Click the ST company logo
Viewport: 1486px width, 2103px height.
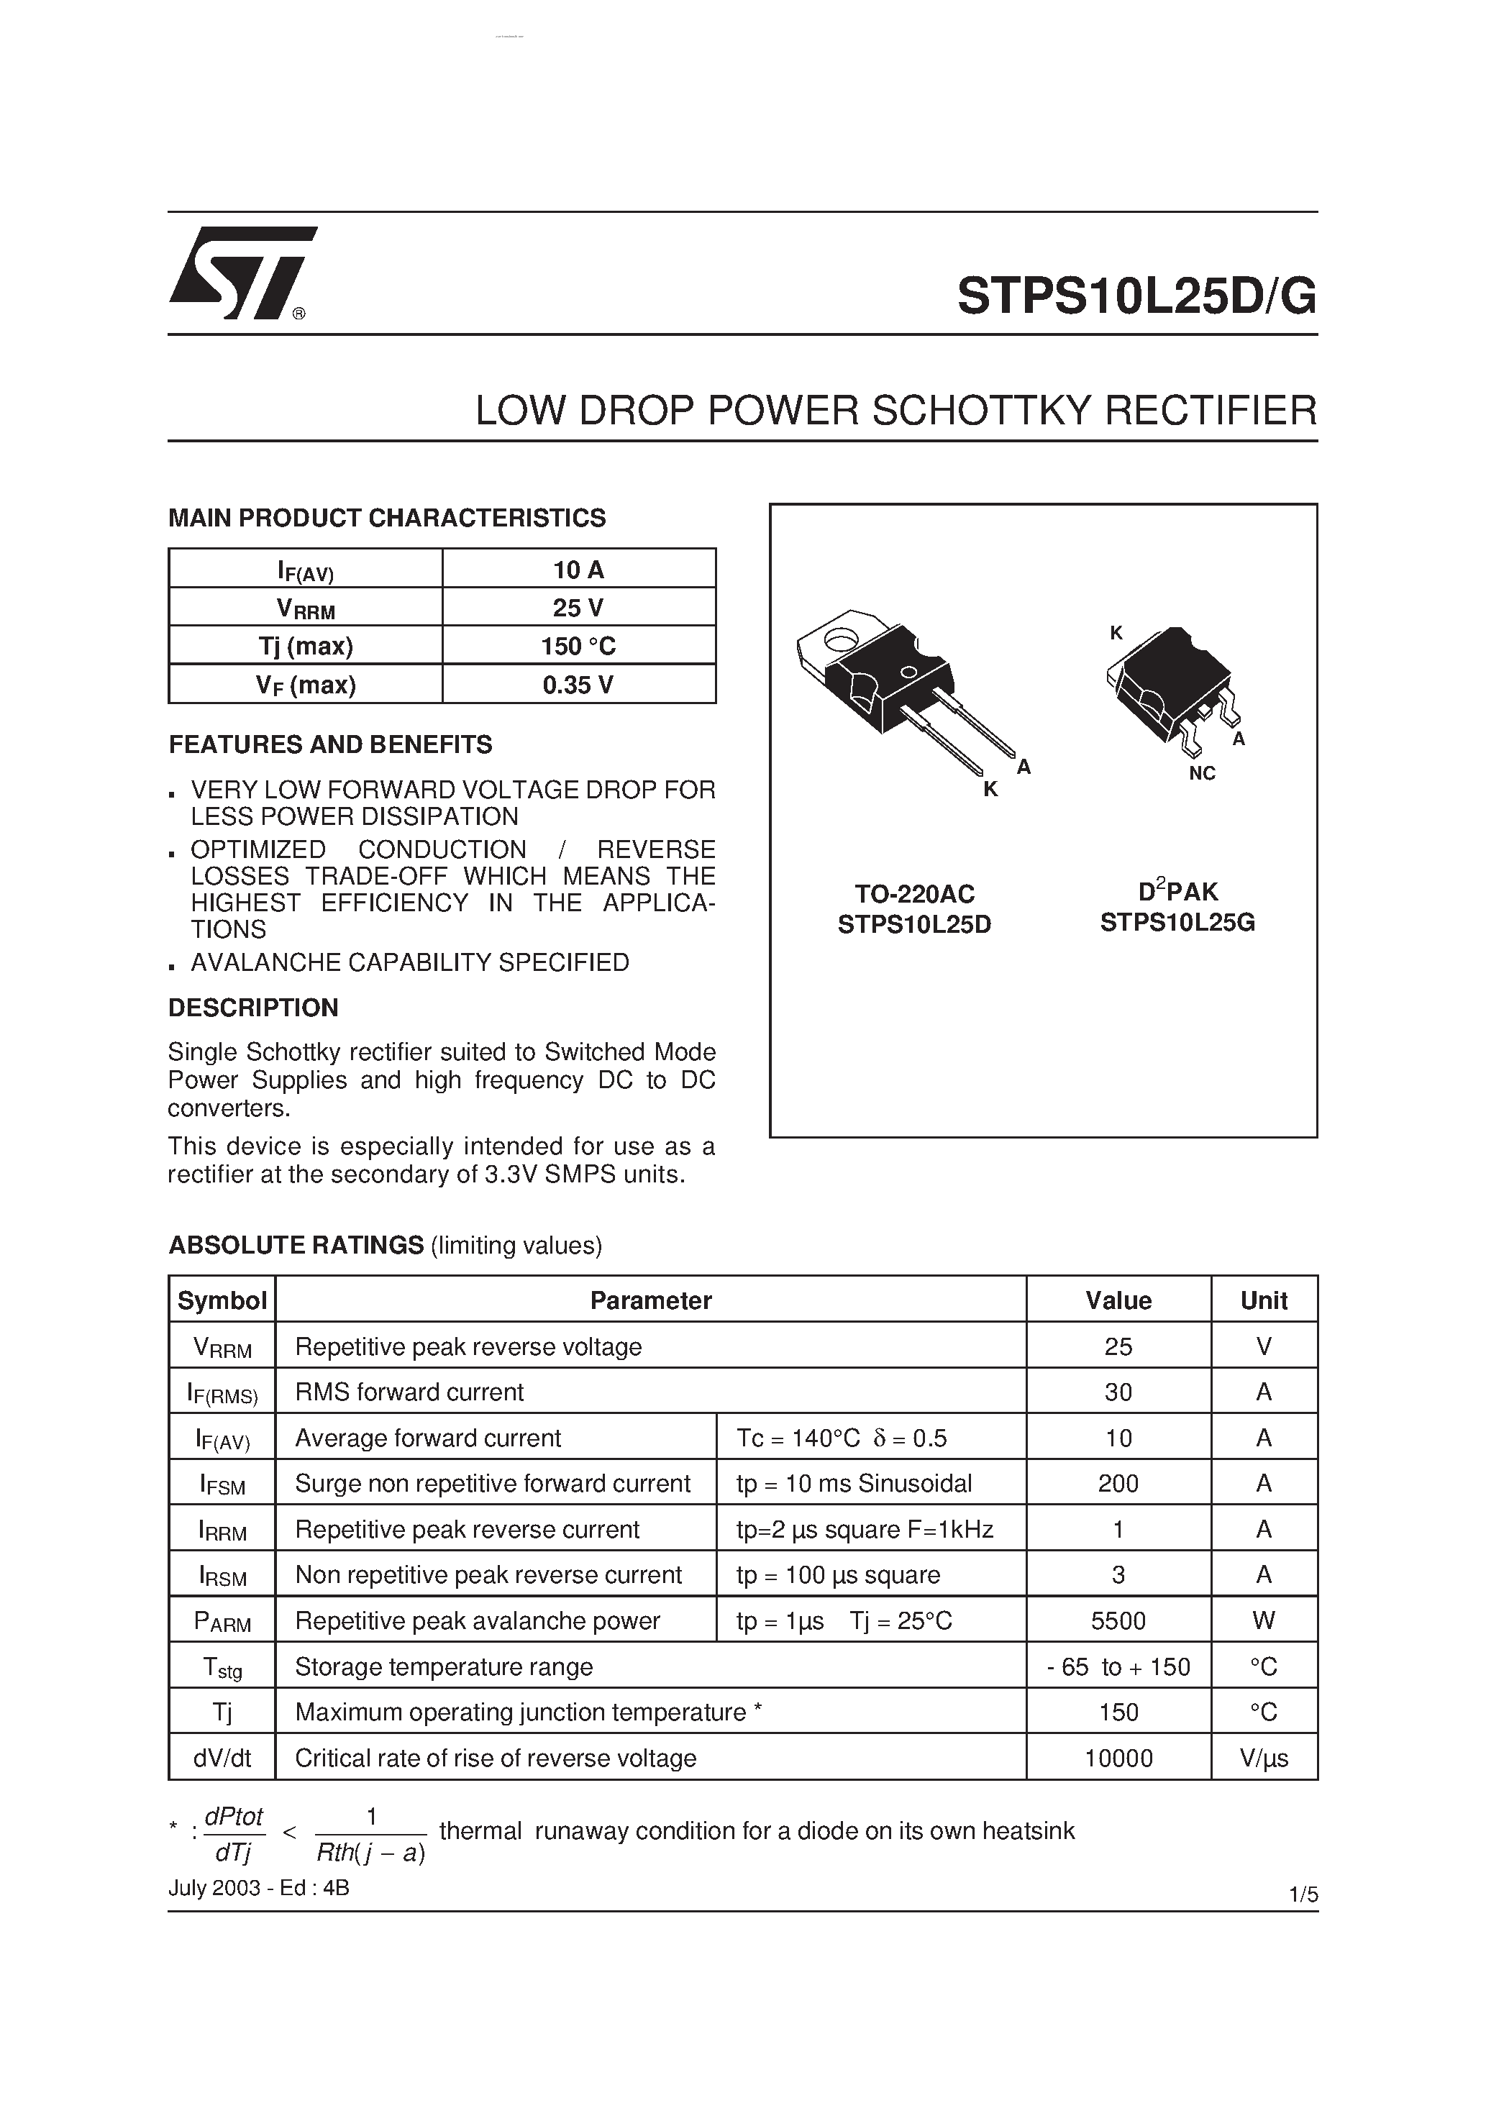pos(241,273)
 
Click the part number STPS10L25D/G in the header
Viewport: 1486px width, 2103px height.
pos(1136,296)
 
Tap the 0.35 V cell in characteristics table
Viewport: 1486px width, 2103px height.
pos(578,684)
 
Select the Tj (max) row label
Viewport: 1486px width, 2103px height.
pos(305,646)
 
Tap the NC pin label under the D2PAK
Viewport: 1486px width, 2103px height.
pos(1201,773)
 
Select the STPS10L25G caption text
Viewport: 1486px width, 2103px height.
pos(1177,922)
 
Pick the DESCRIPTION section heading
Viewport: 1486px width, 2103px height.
pos(253,1008)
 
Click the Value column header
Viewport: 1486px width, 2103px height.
pos(1118,1300)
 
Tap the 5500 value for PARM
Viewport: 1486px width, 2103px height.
pos(1118,1621)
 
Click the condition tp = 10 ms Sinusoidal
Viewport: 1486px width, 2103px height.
pos(854,1484)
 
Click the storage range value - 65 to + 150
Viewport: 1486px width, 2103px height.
pos(1118,1667)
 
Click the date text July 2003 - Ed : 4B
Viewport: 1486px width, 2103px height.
pos(258,1888)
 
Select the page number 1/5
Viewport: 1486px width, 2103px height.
pos(1303,1894)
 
